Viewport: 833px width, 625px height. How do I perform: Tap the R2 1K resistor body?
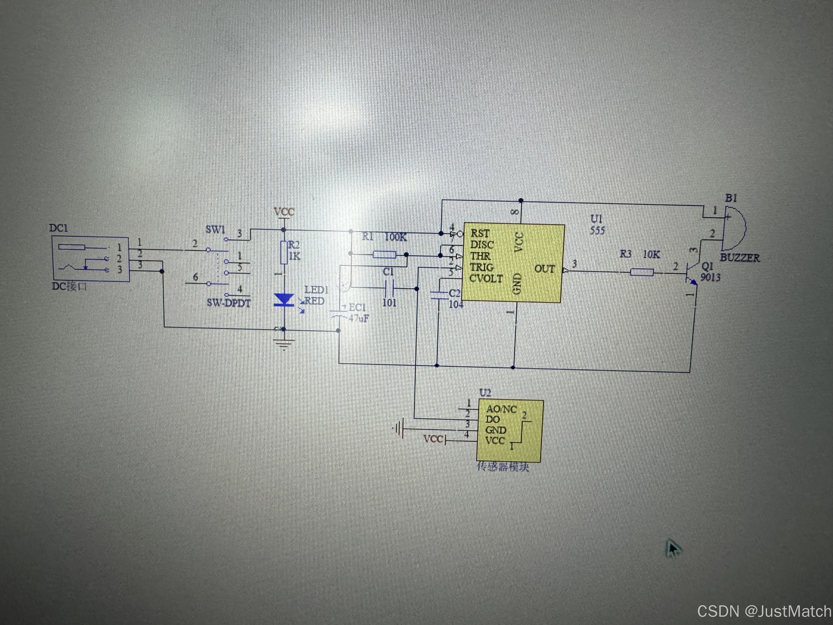click(284, 253)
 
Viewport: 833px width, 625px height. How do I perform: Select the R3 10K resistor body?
click(642, 272)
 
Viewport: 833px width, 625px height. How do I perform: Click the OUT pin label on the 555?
click(545, 269)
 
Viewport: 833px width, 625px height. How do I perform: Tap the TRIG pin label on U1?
click(482, 267)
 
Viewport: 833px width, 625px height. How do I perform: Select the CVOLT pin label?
click(486, 279)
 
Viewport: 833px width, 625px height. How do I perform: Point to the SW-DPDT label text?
click(228, 303)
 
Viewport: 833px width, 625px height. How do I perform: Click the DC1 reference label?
click(58, 228)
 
